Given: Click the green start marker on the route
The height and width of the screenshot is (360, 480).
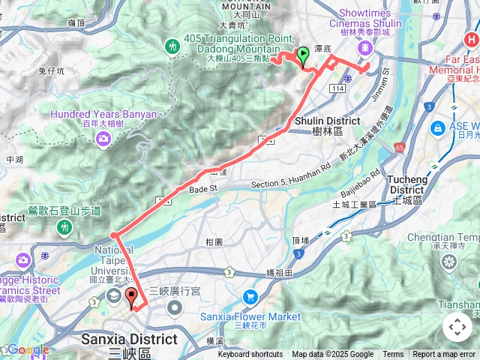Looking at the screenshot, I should point(303,54).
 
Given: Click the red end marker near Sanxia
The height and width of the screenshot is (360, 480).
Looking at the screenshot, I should point(132,295).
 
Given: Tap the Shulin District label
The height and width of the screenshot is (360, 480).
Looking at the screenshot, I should point(328,120).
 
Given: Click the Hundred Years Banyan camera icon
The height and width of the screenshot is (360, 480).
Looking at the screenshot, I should point(103,139).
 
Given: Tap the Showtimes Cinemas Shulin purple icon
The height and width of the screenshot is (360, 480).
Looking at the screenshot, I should point(364,47).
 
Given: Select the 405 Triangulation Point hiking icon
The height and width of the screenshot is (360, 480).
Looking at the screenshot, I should point(174,47).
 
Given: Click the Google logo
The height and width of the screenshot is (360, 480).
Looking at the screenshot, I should point(28,349).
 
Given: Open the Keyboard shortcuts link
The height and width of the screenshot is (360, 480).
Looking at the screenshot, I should point(251,355).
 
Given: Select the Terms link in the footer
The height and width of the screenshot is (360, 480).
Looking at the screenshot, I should point(393,355).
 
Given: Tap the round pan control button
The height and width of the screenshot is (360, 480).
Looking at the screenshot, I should point(457,327).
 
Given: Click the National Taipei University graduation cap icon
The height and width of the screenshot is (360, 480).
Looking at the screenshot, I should point(112,295).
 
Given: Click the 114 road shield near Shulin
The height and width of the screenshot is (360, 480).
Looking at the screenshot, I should point(337,88).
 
